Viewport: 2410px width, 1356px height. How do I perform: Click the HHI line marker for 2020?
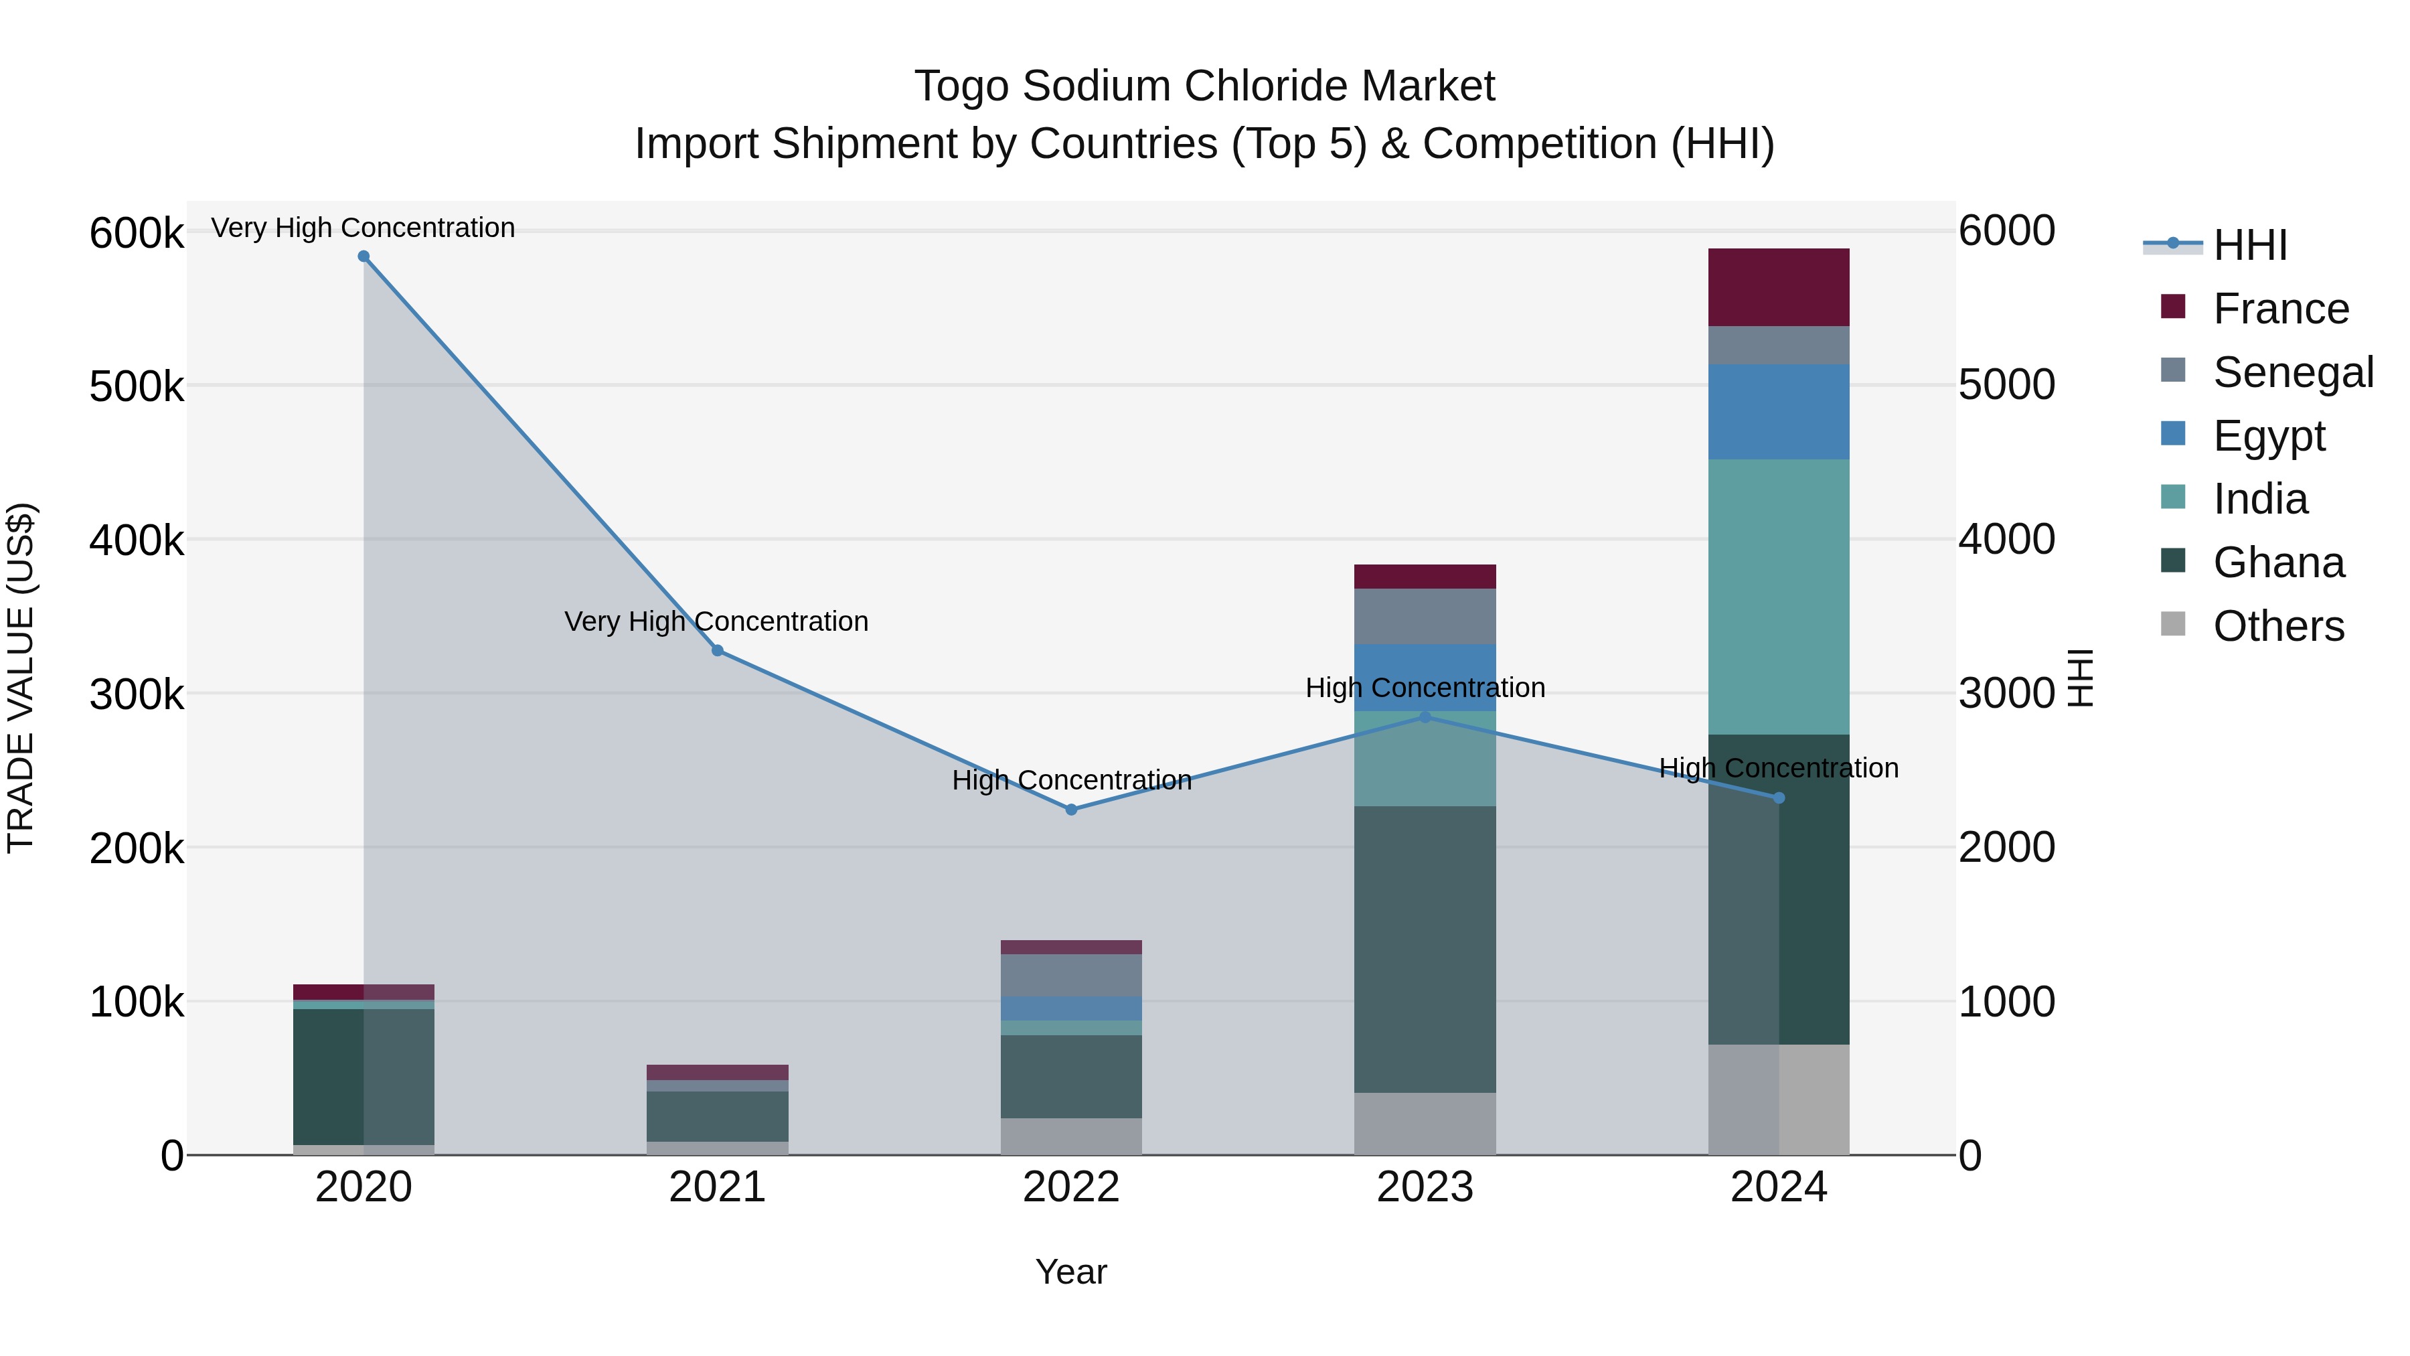(364, 256)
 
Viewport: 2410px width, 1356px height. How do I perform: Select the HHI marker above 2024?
(1779, 798)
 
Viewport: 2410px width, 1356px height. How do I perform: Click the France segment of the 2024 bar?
(1779, 287)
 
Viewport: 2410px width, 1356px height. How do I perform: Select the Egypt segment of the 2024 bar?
(1779, 412)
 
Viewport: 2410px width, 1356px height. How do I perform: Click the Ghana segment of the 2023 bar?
(1425, 949)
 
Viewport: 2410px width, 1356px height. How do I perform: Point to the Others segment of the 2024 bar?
(1779, 1100)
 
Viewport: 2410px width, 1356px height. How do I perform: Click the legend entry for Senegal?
(2293, 372)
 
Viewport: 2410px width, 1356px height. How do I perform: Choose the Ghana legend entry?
(2278, 562)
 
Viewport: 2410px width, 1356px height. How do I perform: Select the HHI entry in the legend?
(2250, 245)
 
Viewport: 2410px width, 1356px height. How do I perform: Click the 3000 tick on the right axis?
(2007, 694)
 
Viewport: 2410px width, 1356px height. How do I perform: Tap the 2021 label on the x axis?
(718, 1187)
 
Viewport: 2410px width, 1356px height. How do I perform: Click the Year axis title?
(1071, 1272)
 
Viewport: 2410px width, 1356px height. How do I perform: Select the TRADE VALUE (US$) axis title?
(21, 678)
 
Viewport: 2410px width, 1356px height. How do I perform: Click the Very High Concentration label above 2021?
(716, 621)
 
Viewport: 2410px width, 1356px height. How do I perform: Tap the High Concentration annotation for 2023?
(1425, 688)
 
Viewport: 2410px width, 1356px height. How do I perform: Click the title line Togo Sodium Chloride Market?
(1204, 86)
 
